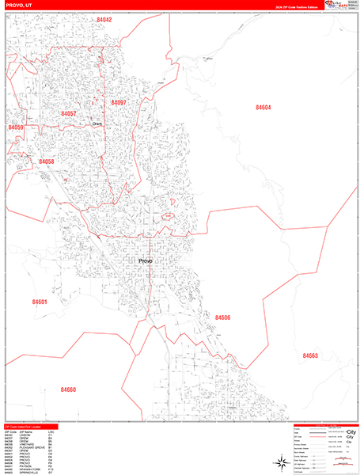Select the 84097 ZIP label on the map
[x=119, y=103]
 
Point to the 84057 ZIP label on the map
[x=69, y=114]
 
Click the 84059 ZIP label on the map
[x=16, y=127]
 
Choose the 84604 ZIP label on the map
[x=263, y=107]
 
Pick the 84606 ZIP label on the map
[x=222, y=317]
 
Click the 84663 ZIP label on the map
[x=309, y=356]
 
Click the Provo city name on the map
[x=145, y=260]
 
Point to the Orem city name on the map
[x=97, y=123]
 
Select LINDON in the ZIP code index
[x=24, y=435]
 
